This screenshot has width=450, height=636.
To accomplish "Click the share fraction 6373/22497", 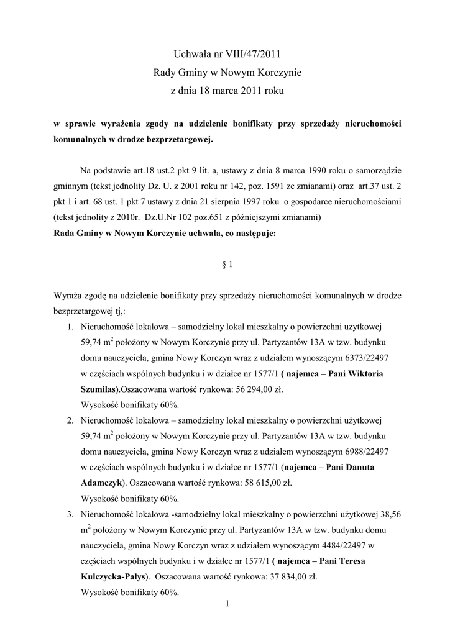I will [328, 358].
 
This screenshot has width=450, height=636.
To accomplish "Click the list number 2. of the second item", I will [71, 420].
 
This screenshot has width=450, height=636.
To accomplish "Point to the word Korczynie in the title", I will [280, 73].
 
